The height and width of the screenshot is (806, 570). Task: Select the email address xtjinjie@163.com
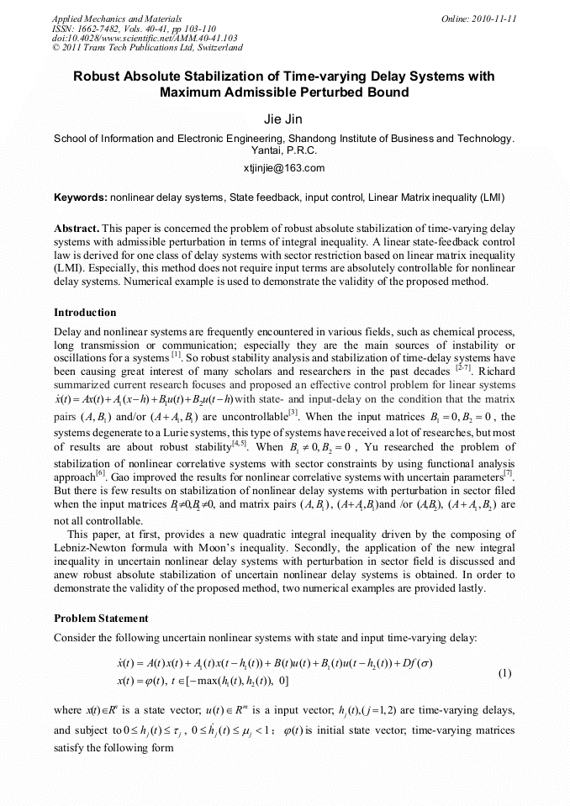coord(284,168)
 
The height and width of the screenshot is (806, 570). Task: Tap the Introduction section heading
coord(85,313)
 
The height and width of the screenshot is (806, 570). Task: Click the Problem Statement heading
coord(102,618)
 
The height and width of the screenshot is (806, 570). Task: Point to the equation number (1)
coord(505,673)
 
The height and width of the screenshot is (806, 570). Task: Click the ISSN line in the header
coord(134,28)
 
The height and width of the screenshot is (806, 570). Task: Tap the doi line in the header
coord(145,38)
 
